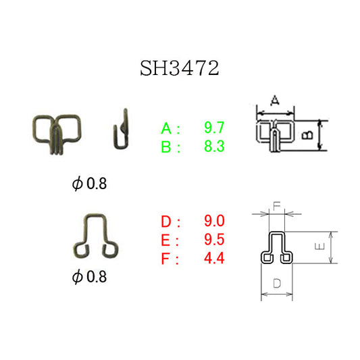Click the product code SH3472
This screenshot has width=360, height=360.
180,68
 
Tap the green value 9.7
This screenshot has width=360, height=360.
214,128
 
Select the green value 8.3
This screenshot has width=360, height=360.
214,147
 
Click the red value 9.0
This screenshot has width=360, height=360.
214,221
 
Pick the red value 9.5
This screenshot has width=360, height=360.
214,240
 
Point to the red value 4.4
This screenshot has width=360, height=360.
214,258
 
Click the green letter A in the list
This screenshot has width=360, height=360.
166,128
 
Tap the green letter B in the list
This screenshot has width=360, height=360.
166,147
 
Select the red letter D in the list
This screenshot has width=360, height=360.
166,221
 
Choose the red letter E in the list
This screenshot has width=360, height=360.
165,240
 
